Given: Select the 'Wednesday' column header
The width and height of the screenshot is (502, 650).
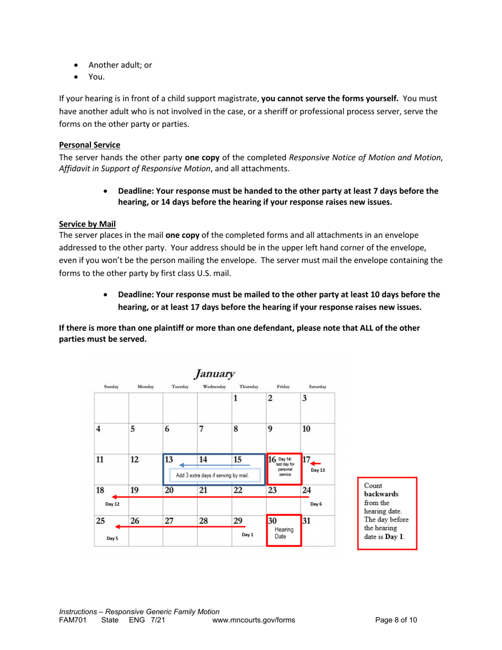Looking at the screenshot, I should [214, 372].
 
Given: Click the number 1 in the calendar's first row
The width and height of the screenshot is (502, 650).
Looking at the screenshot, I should [236, 383].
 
